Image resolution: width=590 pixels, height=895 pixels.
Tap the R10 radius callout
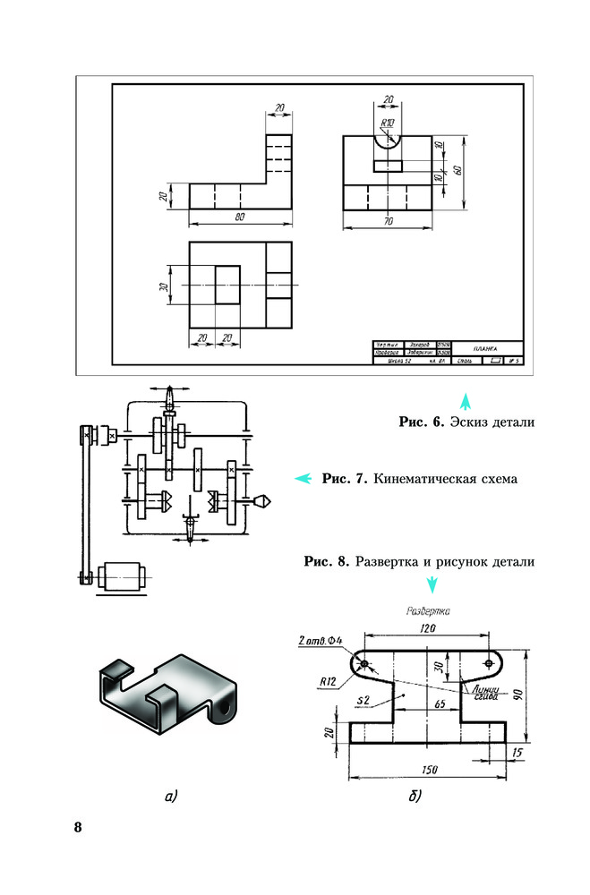click(387, 122)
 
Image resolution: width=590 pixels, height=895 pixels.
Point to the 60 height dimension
click(457, 170)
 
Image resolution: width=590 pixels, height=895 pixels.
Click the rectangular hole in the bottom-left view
click(227, 286)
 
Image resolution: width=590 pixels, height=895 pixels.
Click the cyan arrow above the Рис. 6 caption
click(465, 398)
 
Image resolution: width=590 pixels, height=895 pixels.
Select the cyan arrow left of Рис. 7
click(304, 478)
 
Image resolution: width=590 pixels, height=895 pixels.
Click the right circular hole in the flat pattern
click(487, 663)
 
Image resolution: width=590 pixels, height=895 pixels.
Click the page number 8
click(78, 825)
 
